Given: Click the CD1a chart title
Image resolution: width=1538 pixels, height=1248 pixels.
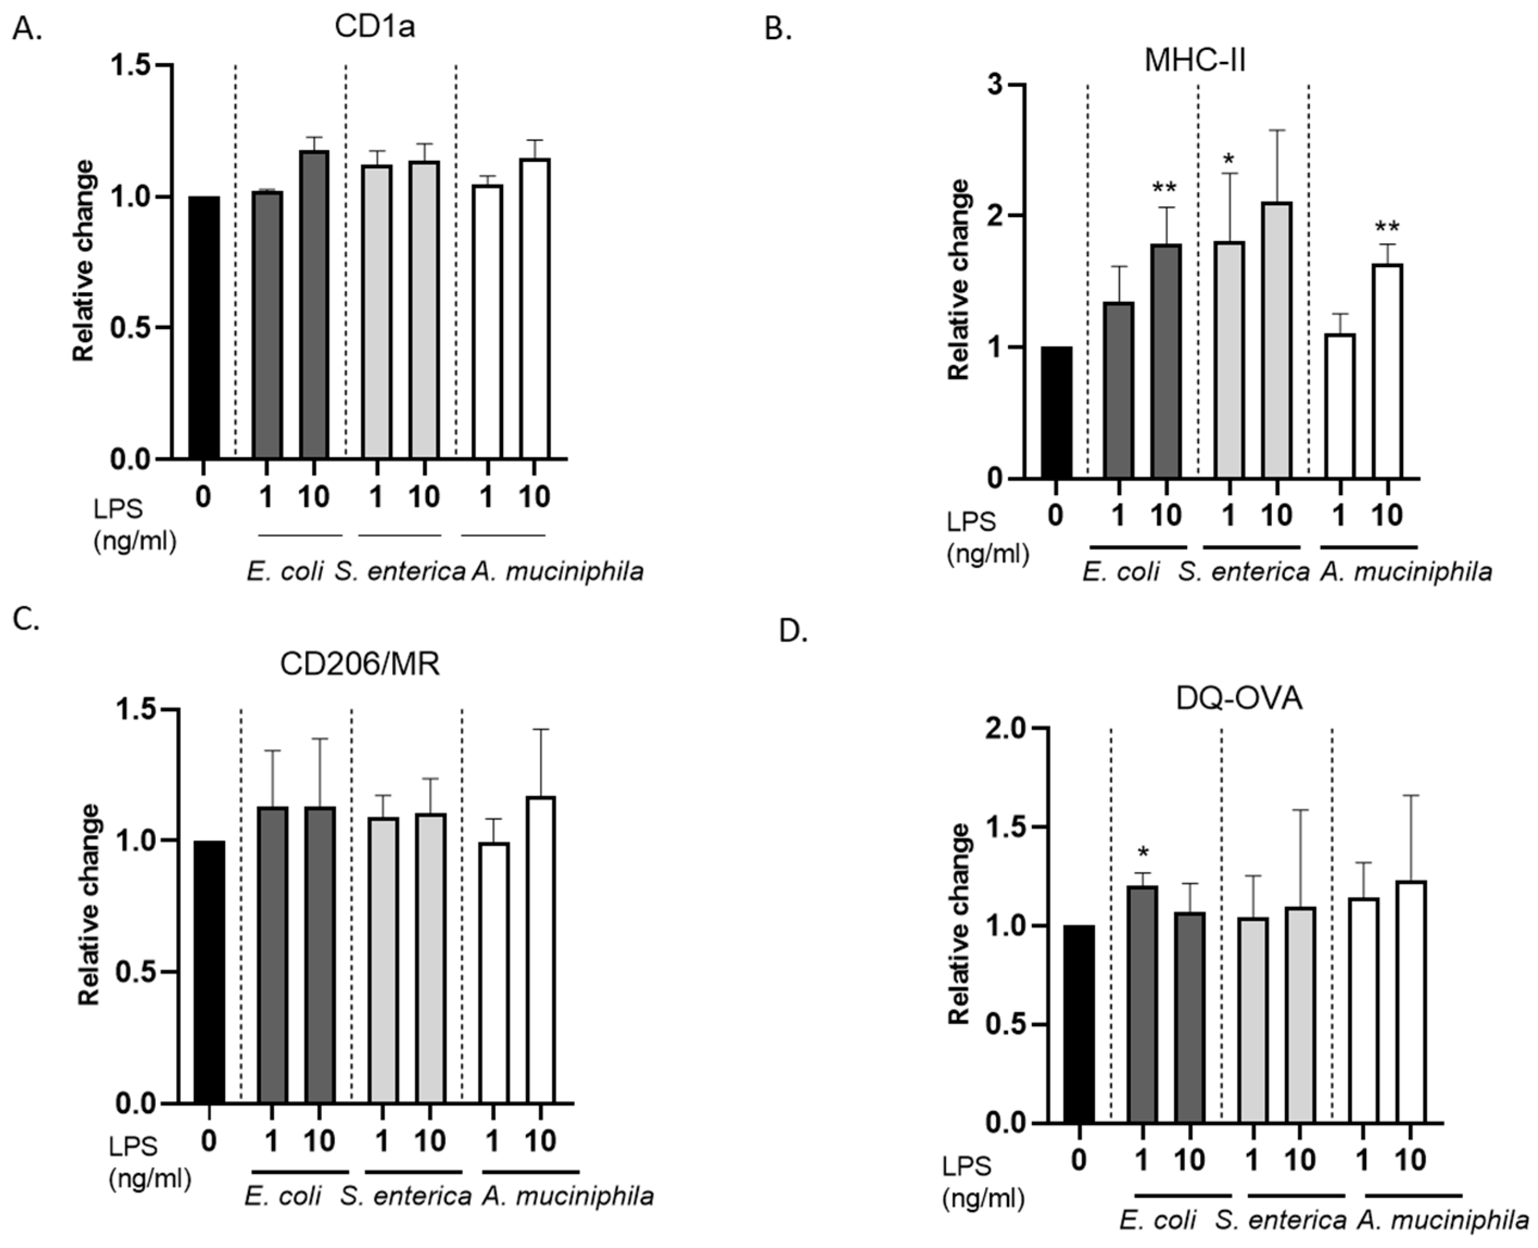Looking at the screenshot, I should pyautogui.click(x=374, y=27).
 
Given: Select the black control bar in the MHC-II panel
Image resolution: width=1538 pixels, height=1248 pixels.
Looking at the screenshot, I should pyautogui.click(x=1055, y=413).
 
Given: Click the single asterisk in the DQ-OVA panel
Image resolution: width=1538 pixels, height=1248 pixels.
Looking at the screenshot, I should pyautogui.click(x=1143, y=853).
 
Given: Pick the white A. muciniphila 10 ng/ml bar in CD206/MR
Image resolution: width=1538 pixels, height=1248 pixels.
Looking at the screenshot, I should pyautogui.click(x=540, y=949).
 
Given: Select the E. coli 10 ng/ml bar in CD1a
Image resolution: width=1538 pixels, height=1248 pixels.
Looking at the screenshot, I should pyautogui.click(x=314, y=306).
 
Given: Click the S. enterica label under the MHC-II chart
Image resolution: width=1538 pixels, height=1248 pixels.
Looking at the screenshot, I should pyautogui.click(x=1244, y=572).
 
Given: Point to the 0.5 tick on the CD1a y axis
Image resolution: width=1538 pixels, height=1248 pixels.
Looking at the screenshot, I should pyautogui.click(x=134, y=328).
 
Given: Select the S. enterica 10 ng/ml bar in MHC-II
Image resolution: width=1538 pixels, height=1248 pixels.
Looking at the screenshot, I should pyautogui.click(x=1277, y=341).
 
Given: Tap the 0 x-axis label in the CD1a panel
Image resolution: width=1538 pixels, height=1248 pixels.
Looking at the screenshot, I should pyautogui.click(x=204, y=497).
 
